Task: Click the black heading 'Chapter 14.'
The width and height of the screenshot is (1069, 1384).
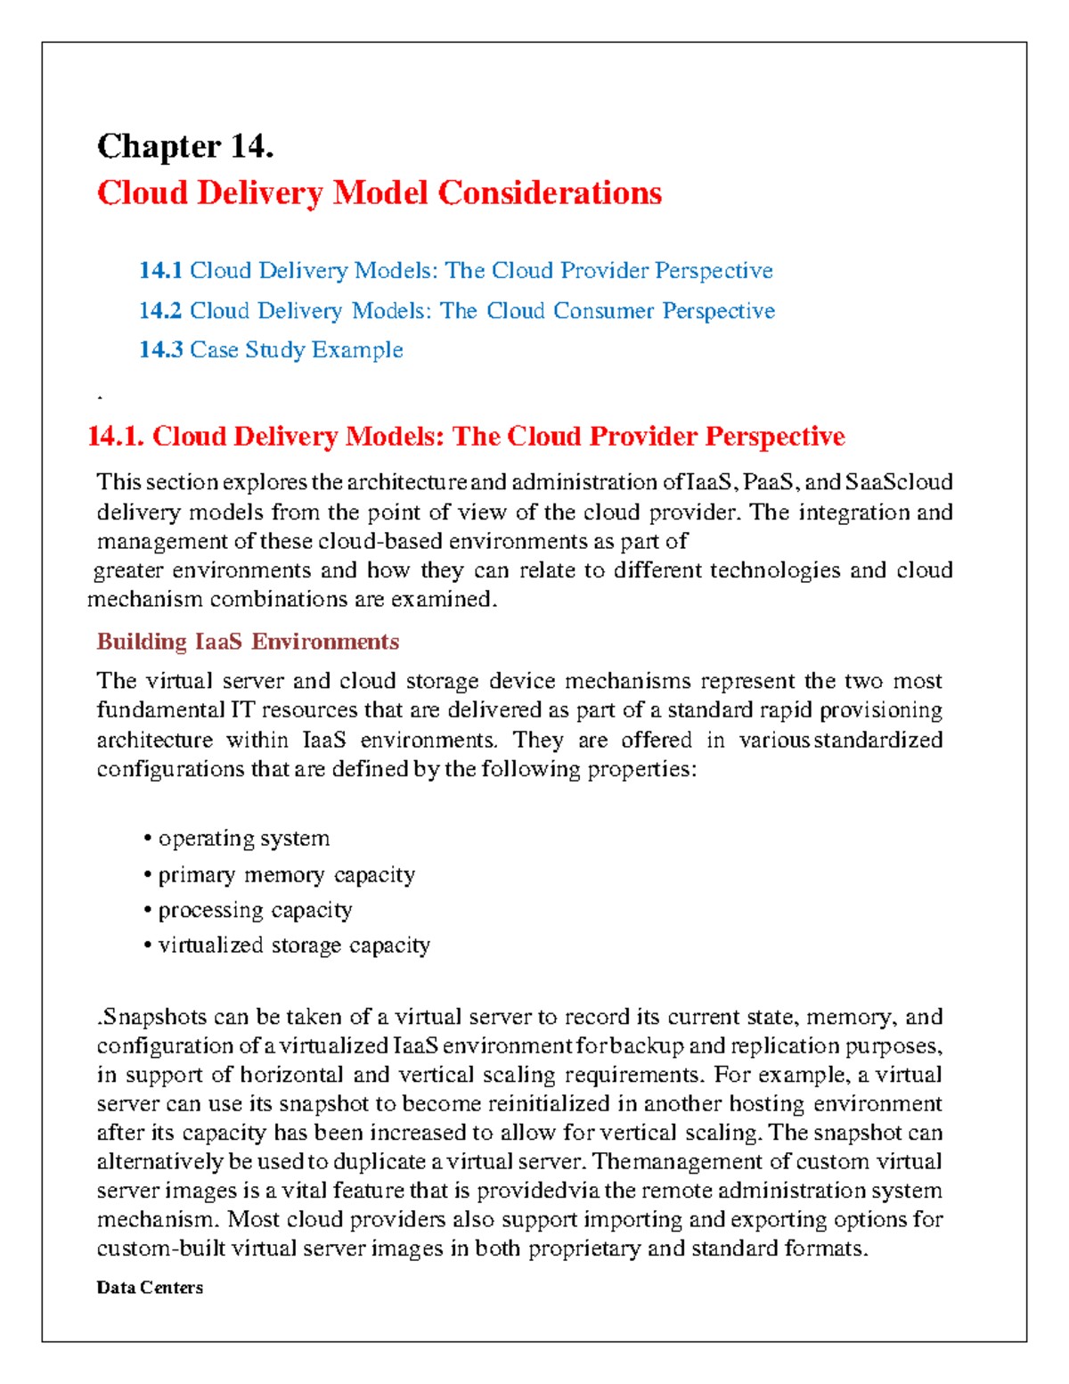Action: click(185, 146)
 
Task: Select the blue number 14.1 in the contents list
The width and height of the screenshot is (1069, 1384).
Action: click(160, 271)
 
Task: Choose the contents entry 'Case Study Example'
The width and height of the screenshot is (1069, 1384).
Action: click(296, 350)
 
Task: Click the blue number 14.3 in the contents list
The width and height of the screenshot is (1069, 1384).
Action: click(160, 350)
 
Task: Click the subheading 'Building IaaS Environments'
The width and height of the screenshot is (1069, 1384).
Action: click(248, 642)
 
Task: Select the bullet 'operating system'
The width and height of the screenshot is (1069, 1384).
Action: click(243, 839)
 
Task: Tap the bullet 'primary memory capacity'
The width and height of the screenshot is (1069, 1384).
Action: click(286, 875)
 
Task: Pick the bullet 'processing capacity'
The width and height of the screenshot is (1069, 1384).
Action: click(255, 910)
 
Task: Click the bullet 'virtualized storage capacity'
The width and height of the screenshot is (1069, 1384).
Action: click(294, 946)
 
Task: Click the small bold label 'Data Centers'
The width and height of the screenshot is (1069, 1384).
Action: click(150, 1288)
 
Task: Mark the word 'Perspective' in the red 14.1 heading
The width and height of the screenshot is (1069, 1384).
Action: click(775, 437)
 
